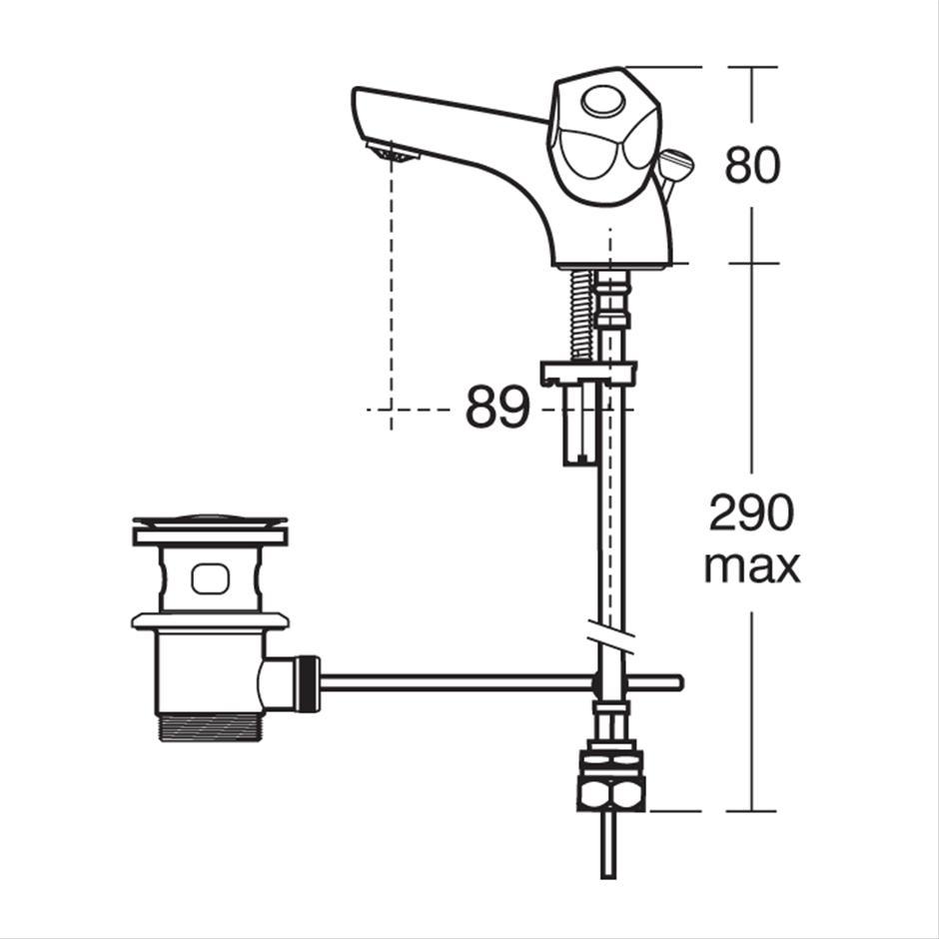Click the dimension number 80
tap(752, 165)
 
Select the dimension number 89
tap(497, 408)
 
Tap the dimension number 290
tap(751, 512)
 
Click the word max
tap(751, 567)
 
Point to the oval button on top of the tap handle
tap(604, 101)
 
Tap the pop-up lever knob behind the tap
tap(676, 162)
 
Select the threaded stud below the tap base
tap(581, 314)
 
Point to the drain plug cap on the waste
tap(210, 521)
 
